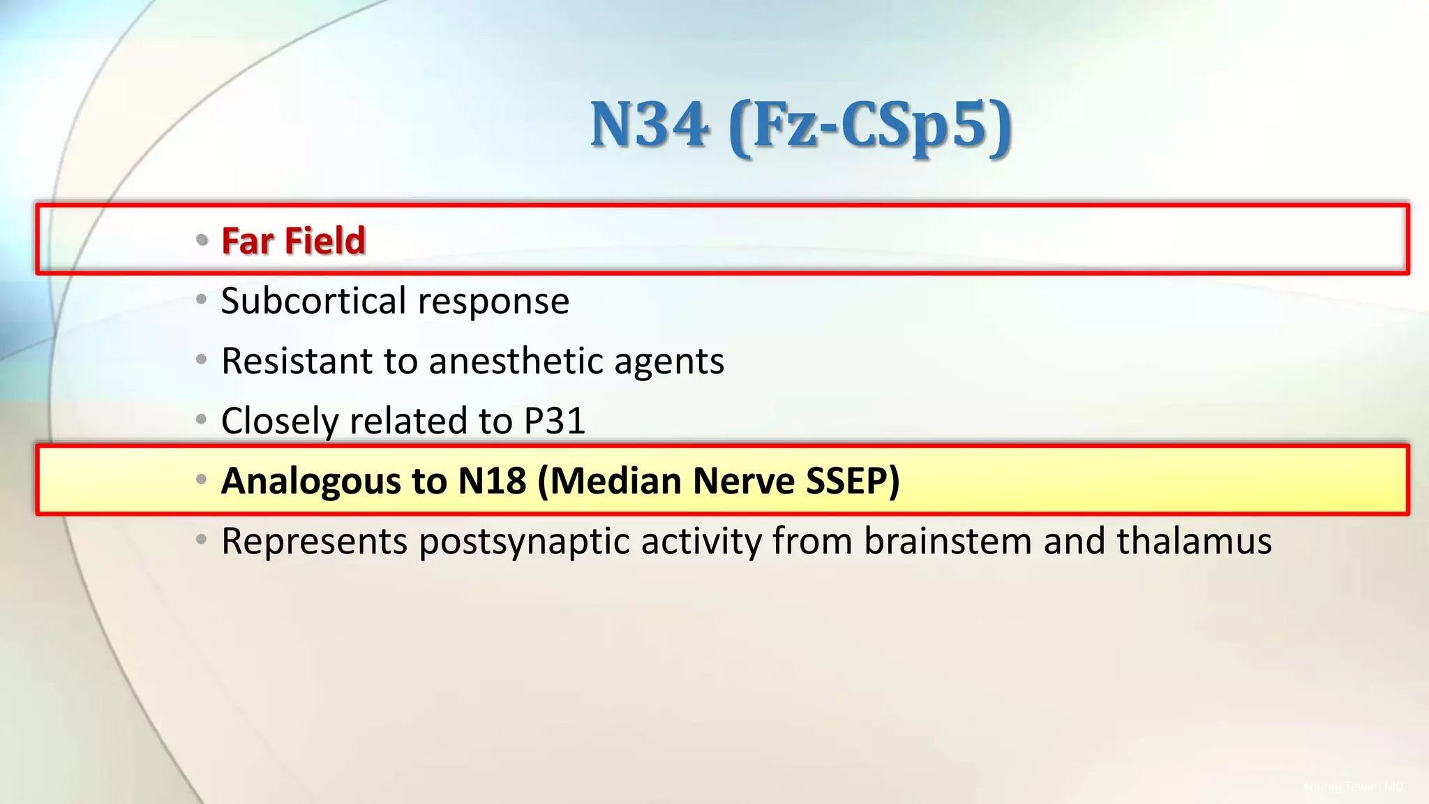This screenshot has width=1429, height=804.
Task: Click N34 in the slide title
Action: pos(650,125)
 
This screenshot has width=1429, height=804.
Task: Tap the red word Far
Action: pos(247,241)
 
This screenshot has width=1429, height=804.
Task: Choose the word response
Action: pos(493,302)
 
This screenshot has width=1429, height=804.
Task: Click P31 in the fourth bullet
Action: pos(555,421)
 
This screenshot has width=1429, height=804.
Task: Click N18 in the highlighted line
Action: pos(492,481)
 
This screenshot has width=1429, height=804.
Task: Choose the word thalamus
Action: pos(1194,541)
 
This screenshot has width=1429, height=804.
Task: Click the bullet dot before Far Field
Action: pos(202,241)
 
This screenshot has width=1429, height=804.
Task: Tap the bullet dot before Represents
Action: pos(202,539)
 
